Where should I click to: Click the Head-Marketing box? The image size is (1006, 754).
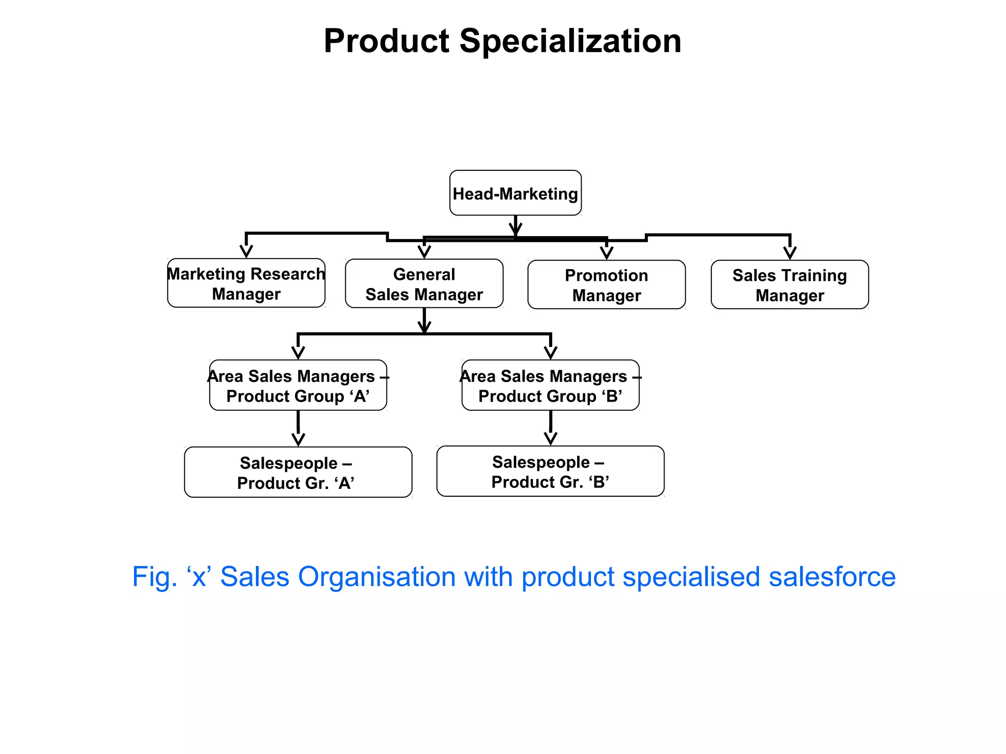tap(515, 193)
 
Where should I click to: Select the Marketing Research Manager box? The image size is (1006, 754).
tap(246, 283)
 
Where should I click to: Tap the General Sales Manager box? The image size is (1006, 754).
tap(424, 284)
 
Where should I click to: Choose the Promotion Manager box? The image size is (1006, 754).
tap(606, 285)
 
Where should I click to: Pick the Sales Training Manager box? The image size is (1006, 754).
tap(789, 285)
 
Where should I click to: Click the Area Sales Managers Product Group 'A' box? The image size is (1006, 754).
tap(298, 385)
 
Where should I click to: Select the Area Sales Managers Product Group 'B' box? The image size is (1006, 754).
tap(550, 385)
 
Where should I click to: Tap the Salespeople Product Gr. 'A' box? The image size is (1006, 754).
tap(298, 472)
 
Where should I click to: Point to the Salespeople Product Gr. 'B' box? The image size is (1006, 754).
tap(550, 471)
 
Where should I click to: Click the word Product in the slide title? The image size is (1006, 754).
tap(387, 41)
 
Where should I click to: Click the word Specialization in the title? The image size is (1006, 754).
tap(570, 41)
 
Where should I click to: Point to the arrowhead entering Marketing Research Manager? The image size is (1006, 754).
tap(246, 251)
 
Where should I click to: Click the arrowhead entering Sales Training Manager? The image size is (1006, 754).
tap(789, 252)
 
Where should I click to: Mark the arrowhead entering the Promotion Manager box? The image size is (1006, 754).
tap(607, 252)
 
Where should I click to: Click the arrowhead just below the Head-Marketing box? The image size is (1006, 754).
tap(515, 229)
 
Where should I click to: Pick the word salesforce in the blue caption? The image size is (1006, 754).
tap(832, 577)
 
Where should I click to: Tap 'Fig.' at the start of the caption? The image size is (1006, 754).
tap(154, 577)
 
